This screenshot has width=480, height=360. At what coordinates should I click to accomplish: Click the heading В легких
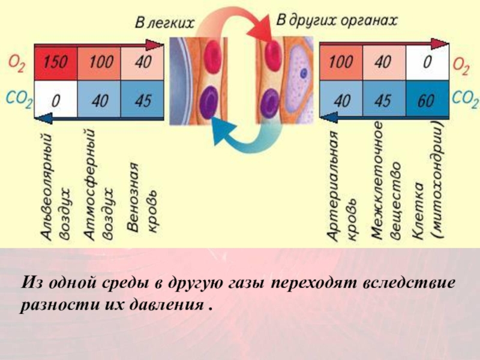coord(164,23)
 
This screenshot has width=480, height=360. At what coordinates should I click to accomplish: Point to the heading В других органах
coord(337,20)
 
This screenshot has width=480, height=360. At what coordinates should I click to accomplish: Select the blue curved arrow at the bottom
coord(240,135)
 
